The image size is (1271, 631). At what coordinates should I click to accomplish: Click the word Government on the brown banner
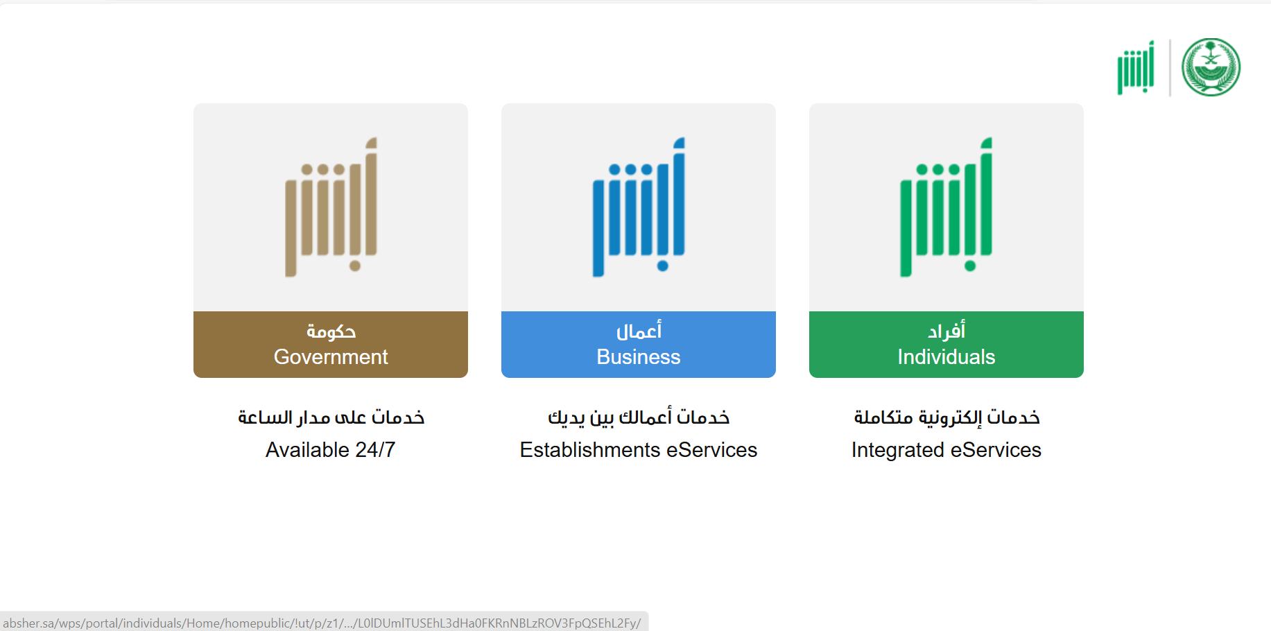pyautogui.click(x=331, y=357)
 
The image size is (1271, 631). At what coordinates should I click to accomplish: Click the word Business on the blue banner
pyautogui.click(x=639, y=357)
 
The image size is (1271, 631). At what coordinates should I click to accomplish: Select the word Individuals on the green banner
pyautogui.click(x=946, y=357)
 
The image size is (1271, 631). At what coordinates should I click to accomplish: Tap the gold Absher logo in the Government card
pyautogui.click(x=331, y=207)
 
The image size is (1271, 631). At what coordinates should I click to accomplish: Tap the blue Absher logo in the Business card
pyautogui.click(x=639, y=207)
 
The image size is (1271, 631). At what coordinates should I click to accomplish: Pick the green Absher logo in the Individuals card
pyautogui.click(x=946, y=207)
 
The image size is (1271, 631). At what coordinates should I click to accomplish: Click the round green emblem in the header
pyautogui.click(x=1211, y=67)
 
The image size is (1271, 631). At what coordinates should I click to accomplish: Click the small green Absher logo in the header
pyautogui.click(x=1136, y=67)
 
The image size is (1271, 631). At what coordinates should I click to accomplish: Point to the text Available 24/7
pyautogui.click(x=331, y=450)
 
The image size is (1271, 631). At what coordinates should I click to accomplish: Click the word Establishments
pyautogui.click(x=590, y=450)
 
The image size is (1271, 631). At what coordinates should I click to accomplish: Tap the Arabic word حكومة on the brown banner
pyautogui.click(x=331, y=331)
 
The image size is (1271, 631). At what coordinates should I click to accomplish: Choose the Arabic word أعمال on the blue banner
pyautogui.click(x=639, y=331)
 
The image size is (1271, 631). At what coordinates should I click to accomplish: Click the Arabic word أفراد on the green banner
pyautogui.click(x=946, y=331)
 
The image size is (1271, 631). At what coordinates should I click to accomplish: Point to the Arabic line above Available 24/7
pyautogui.click(x=331, y=417)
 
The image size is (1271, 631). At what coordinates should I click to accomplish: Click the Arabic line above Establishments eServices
pyautogui.click(x=639, y=417)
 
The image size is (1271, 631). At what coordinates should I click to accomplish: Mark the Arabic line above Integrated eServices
pyautogui.click(x=946, y=417)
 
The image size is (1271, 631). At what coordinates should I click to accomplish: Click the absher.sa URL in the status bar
pyautogui.click(x=322, y=623)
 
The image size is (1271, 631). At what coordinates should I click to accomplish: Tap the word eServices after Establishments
pyautogui.click(x=711, y=450)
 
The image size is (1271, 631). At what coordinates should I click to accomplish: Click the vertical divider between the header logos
pyautogui.click(x=1170, y=67)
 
